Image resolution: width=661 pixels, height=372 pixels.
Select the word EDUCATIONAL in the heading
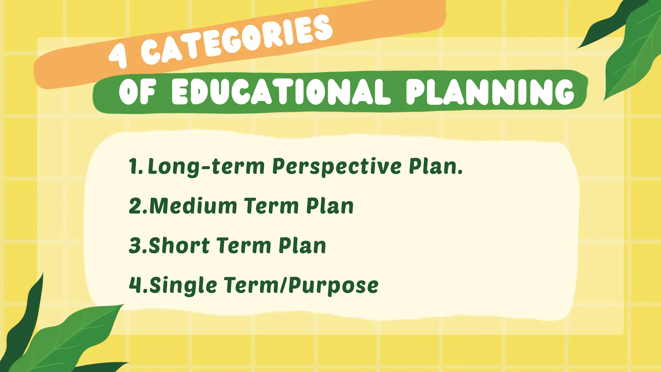[280, 92]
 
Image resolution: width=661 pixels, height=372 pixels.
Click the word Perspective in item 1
[337, 167]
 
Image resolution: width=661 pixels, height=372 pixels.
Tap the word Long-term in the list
[206, 167]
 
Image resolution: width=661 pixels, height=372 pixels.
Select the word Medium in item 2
[193, 206]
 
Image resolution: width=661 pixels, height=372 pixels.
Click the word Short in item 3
[179, 246]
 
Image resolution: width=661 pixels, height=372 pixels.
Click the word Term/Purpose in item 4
[301, 285]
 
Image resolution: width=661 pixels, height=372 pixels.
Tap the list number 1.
[133, 166]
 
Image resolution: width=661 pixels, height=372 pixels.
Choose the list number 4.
[135, 285]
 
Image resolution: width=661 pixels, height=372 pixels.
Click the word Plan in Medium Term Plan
[330, 206]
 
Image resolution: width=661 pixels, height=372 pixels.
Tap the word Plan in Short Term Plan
[302, 246]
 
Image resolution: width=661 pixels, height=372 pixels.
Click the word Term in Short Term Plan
[244, 246]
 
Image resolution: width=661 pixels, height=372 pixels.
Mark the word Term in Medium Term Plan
[271, 206]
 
